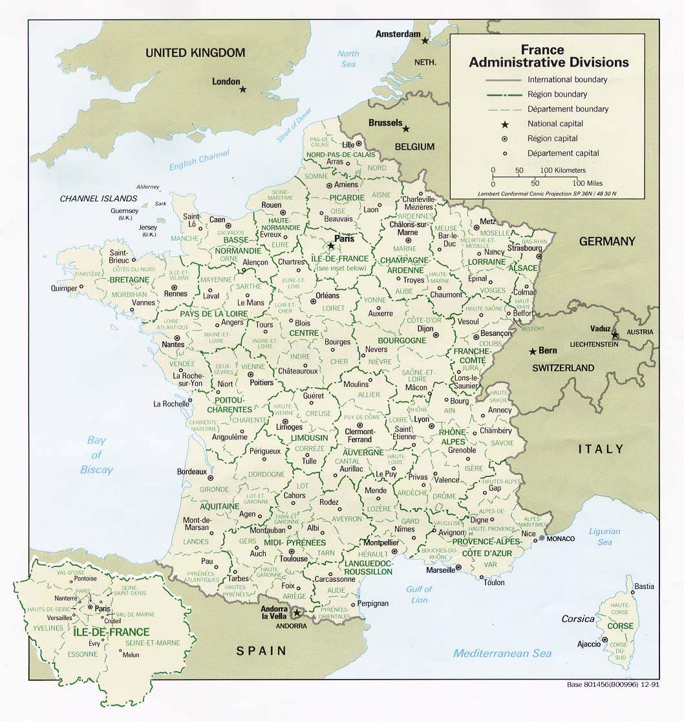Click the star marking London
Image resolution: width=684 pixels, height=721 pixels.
pos(243,89)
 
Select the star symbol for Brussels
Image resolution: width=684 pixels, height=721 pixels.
pos(406,129)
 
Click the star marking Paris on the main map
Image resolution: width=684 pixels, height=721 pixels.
pos(331,246)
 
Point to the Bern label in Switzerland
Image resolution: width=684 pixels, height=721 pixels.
pos(547,350)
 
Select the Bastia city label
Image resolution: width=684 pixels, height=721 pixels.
pos(644,587)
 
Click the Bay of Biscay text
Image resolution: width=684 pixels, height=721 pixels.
pos(97,455)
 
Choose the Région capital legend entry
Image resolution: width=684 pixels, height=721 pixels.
pos(552,139)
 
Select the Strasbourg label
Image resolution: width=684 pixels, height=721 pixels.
pos(524,248)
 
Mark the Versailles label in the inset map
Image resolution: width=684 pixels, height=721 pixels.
pos(61,617)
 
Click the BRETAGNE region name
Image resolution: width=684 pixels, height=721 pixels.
pos(129,280)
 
